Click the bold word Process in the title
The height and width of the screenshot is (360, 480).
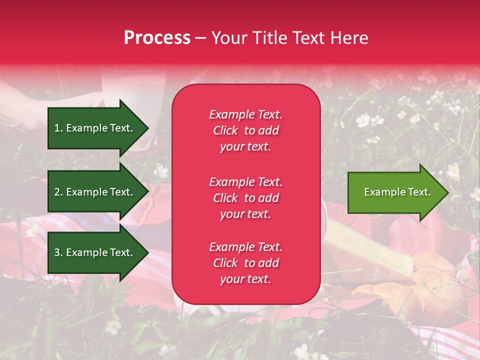pyautogui.click(x=157, y=38)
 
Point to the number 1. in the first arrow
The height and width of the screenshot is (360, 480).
pyautogui.click(x=58, y=128)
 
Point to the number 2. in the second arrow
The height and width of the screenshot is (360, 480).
pyautogui.click(x=58, y=192)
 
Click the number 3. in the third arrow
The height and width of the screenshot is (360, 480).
pyautogui.click(x=58, y=252)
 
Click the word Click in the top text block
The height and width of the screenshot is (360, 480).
pyautogui.click(x=225, y=131)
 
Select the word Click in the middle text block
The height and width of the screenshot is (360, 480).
pyautogui.click(x=225, y=198)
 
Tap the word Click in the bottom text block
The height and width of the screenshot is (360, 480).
pyautogui.click(x=225, y=263)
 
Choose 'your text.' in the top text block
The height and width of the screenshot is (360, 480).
pyautogui.click(x=245, y=147)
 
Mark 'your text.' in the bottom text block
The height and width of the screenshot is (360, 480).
pyautogui.click(x=245, y=279)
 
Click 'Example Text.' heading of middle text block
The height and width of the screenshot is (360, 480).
pyautogui.click(x=245, y=182)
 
